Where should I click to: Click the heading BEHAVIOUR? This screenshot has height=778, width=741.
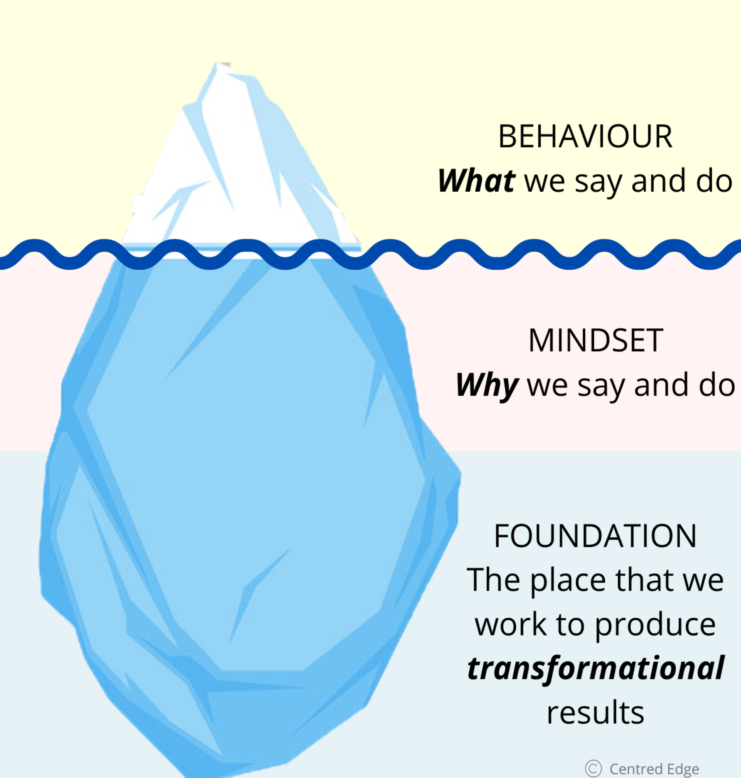point(585,137)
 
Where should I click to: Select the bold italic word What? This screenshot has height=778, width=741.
point(476,181)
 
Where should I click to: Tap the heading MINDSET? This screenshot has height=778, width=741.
point(596,340)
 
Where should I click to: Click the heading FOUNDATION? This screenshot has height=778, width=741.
point(595,536)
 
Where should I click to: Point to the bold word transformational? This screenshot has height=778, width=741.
point(596,669)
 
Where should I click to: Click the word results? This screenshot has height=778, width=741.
point(595,713)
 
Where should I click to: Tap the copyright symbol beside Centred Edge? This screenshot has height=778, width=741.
point(593,769)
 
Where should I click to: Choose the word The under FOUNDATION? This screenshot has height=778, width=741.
point(493,580)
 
